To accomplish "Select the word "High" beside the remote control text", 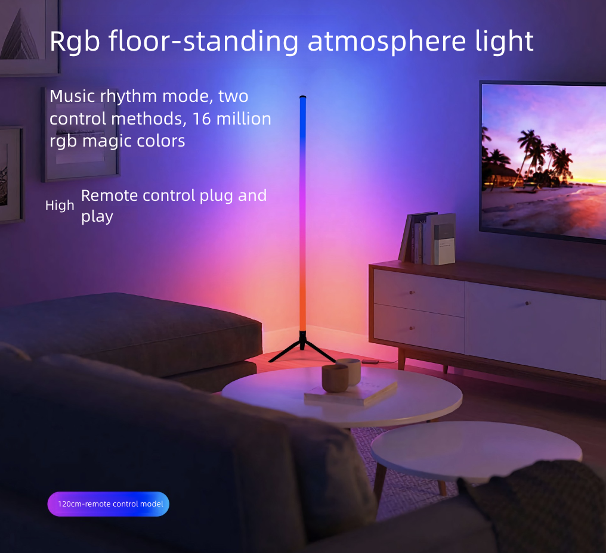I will [x=60, y=205].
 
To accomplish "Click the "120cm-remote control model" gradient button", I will [x=109, y=504].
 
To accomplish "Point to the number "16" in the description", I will [x=202, y=118].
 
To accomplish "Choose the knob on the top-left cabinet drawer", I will [x=412, y=293].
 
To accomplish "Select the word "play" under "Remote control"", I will [x=97, y=216].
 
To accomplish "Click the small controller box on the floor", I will [x=369, y=361].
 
